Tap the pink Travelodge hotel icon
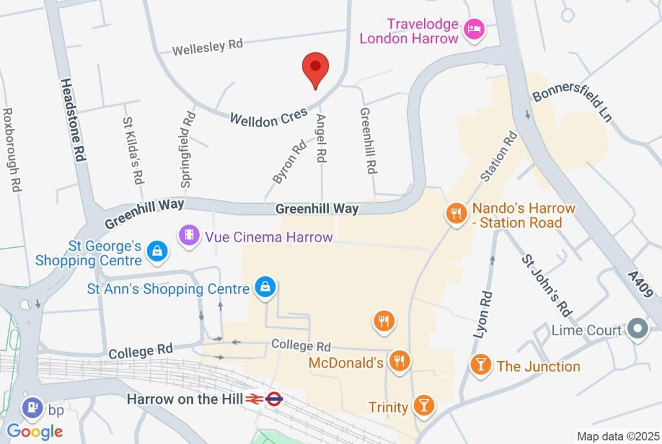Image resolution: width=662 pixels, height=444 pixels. [474, 29]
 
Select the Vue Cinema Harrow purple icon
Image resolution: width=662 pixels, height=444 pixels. [189, 234]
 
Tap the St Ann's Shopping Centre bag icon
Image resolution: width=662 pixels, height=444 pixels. [265, 288]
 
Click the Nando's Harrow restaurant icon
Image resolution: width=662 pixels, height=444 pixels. [456, 214]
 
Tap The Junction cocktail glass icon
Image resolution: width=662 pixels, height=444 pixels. [480, 364]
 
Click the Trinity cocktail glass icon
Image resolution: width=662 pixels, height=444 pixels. [423, 406]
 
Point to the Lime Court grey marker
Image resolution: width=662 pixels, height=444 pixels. [638, 329]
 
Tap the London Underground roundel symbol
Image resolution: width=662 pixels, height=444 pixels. [273, 399]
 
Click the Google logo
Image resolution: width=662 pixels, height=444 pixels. [35, 432]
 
